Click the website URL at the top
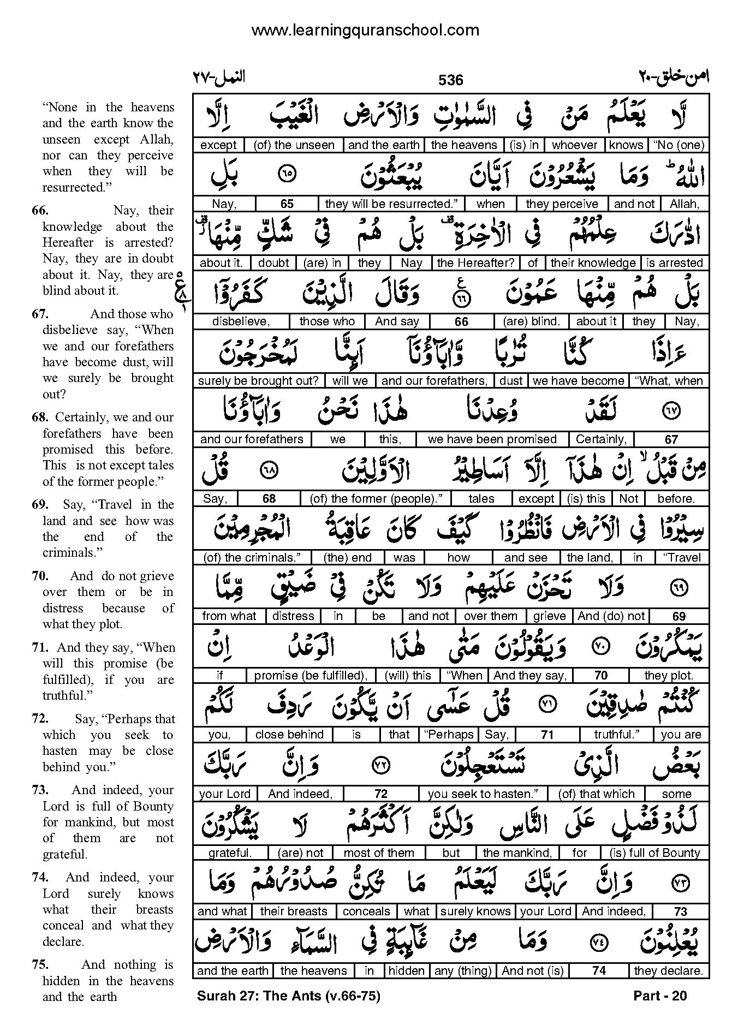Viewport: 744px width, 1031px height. pyautogui.click(x=365, y=31)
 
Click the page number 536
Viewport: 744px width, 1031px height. pyautogui.click(x=450, y=80)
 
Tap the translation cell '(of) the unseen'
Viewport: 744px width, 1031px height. pyautogui.click(x=295, y=145)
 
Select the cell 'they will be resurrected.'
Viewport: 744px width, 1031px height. pyautogui.click(x=391, y=204)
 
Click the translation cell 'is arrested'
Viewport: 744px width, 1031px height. pyautogui.click(x=675, y=263)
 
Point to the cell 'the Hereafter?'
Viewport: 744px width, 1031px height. pyautogui.click(x=475, y=263)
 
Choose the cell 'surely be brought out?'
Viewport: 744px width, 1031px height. pyautogui.click(x=258, y=381)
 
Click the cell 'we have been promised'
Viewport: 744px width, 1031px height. pyautogui.click(x=492, y=439)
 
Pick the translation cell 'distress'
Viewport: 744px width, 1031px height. pyautogui.click(x=293, y=616)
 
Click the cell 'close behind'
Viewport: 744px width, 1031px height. pyautogui.click(x=289, y=735)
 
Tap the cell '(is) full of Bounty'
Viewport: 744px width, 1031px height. pyautogui.click(x=654, y=853)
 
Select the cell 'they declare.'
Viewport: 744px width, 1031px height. pyautogui.click(x=668, y=971)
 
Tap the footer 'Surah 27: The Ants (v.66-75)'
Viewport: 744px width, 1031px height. pyautogui.click(x=288, y=996)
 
